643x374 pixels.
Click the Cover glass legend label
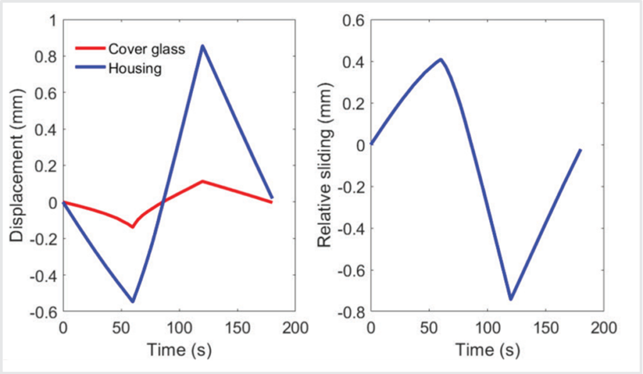(x=146, y=49)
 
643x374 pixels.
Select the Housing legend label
(x=135, y=68)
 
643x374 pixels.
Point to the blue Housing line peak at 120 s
(x=202, y=46)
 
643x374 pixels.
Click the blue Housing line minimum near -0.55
(x=132, y=301)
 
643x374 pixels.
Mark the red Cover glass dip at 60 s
(x=132, y=226)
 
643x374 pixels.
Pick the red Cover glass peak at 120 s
(x=202, y=181)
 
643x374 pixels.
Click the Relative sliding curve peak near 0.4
(x=441, y=60)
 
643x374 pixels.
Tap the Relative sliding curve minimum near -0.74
(x=511, y=299)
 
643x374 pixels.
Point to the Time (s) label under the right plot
(x=487, y=349)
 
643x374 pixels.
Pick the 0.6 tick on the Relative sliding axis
(x=352, y=20)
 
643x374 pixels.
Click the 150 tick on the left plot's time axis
(x=237, y=328)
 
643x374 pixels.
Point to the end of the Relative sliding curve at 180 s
(x=580, y=150)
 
